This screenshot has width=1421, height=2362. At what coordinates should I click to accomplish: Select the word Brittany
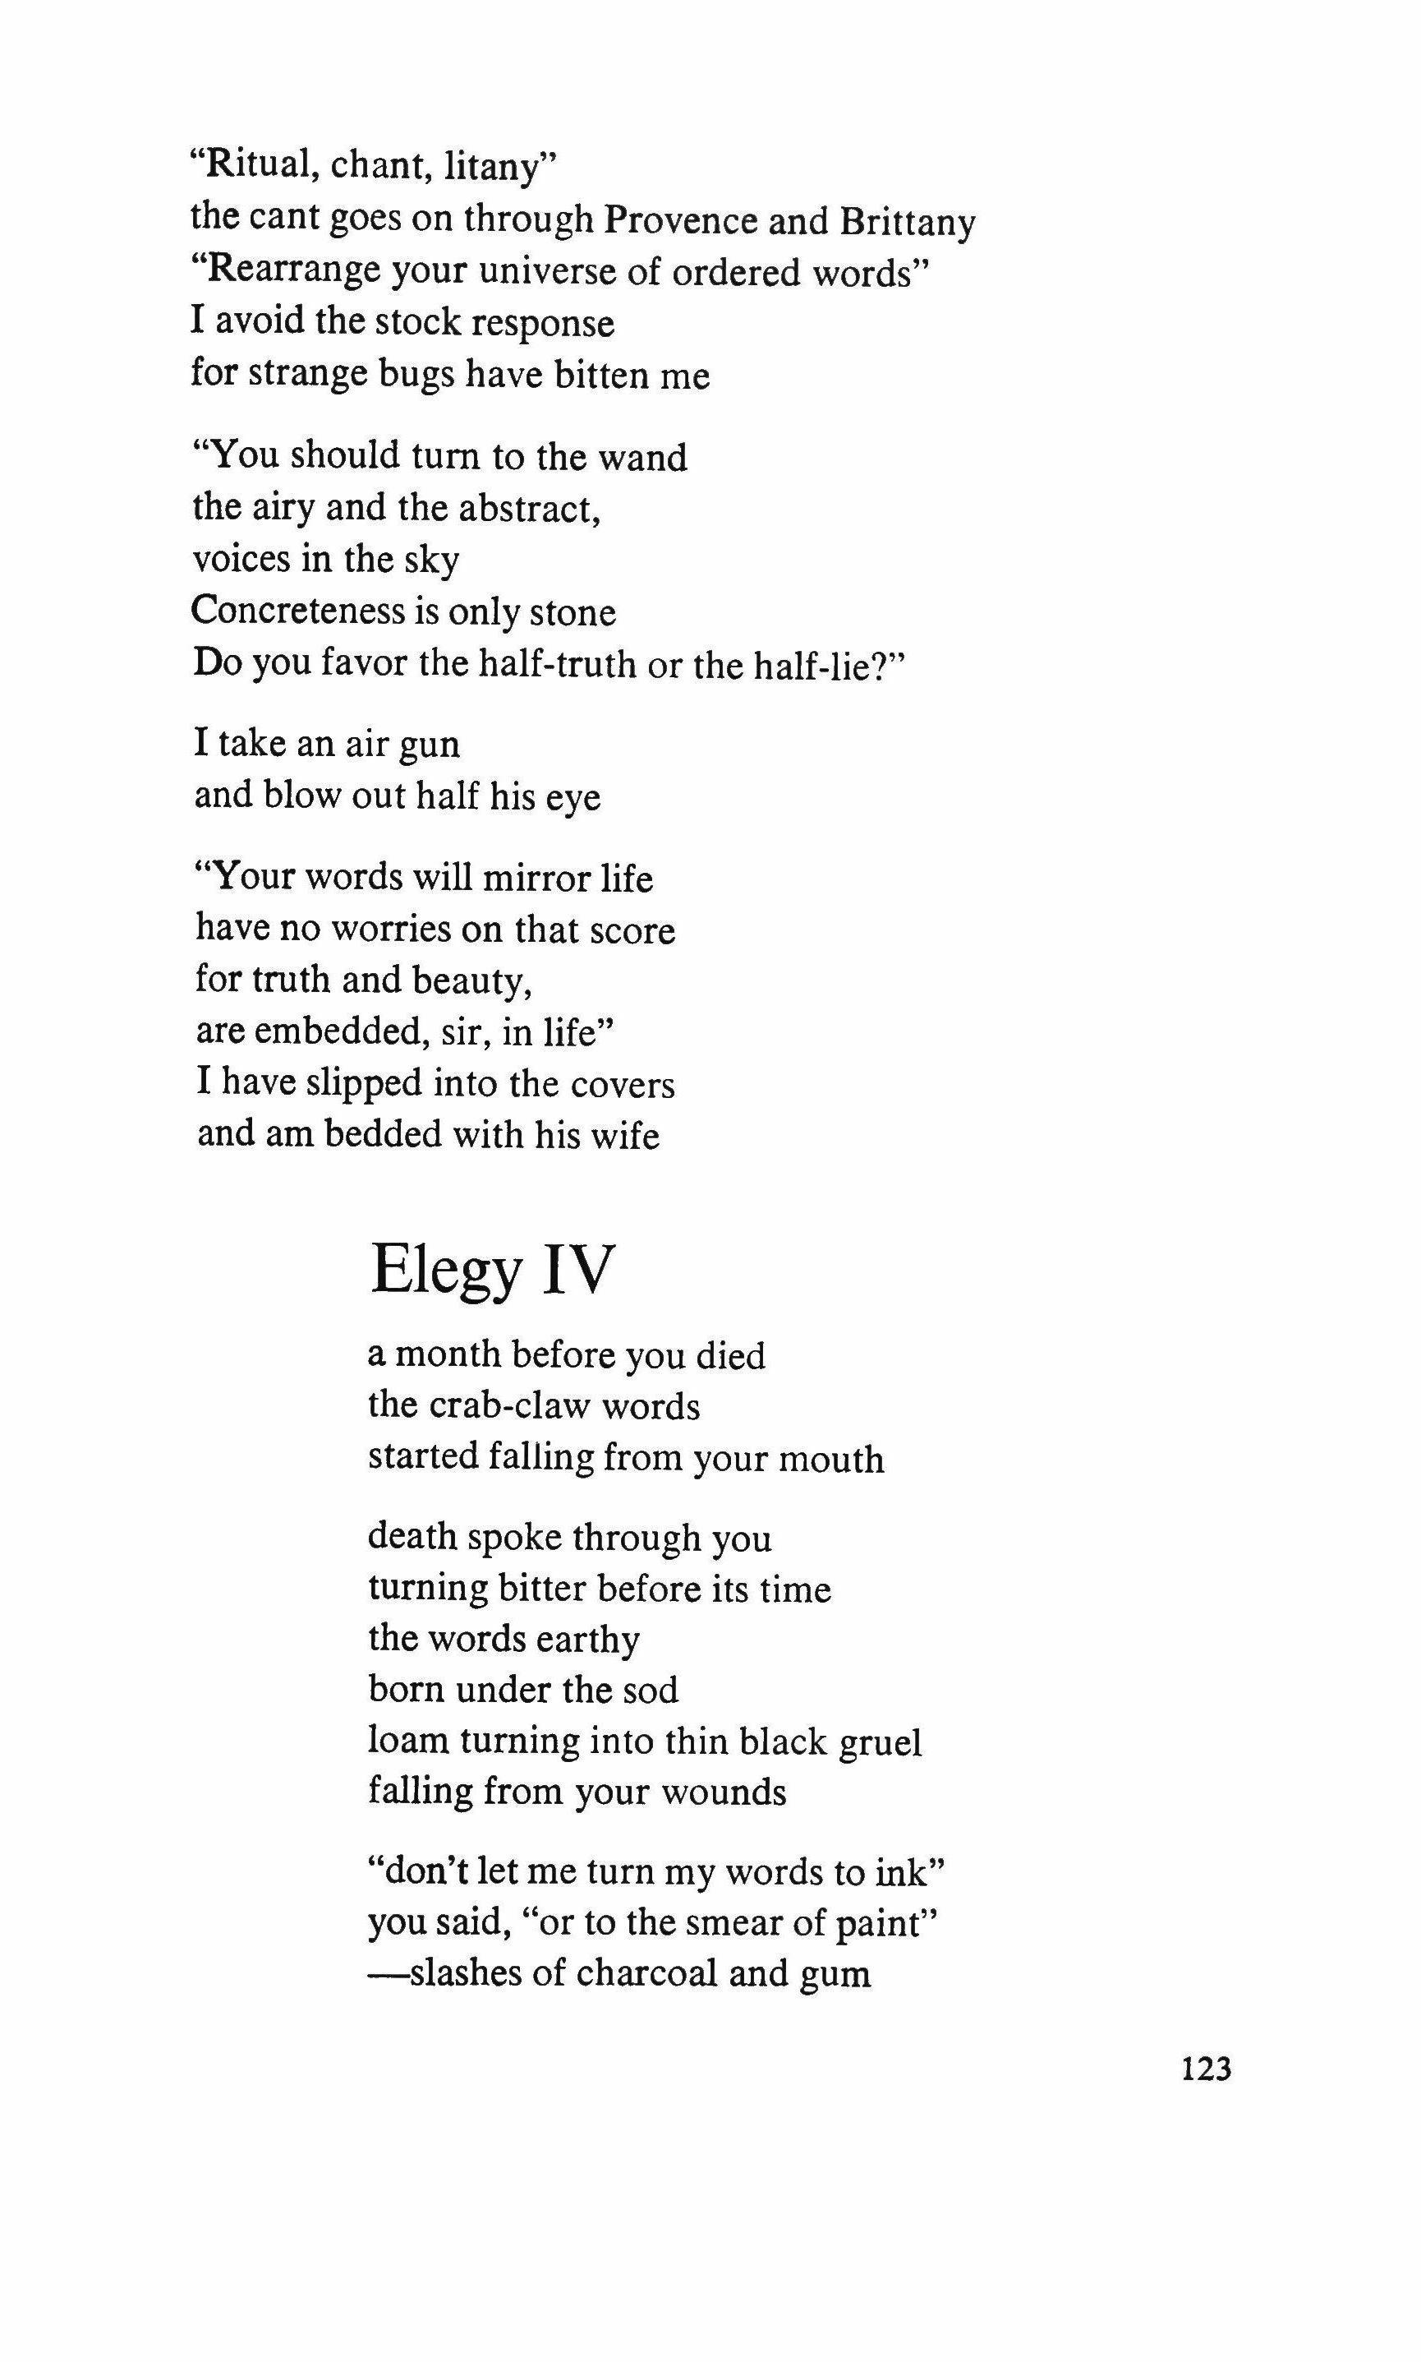tap(907, 224)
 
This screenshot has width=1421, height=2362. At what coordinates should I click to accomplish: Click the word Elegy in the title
tap(446, 1271)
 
